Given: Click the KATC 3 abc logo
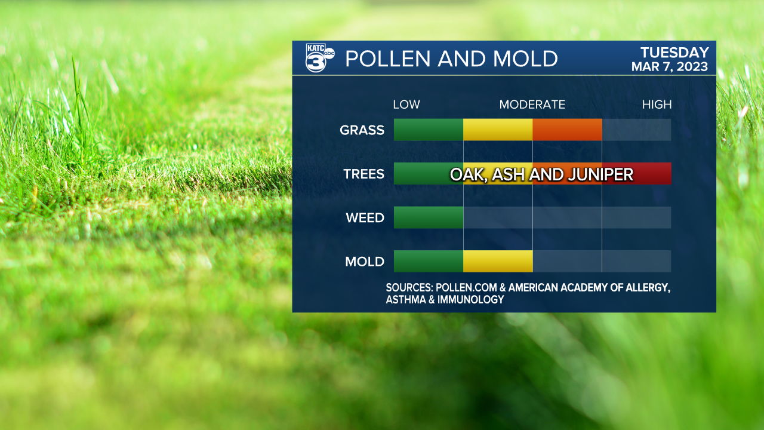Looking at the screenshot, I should coord(319,58).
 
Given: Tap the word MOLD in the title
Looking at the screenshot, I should coord(525,59).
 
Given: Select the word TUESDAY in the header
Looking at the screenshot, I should coord(674,53).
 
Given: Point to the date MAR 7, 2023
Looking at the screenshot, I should coord(670,67).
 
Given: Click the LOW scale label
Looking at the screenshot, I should coord(406,105).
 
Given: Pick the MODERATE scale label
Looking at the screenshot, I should coord(532,105).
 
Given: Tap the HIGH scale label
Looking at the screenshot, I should coord(657,105).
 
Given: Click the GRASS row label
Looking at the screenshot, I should coord(362,130).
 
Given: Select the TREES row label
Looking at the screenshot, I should coord(363,174).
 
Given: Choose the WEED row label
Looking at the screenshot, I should coord(365,217).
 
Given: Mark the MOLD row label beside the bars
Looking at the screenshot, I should coord(364,261).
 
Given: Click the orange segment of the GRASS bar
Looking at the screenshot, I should coord(567,130).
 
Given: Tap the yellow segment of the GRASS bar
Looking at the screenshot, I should coord(498,130).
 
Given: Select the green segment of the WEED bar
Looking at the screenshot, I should coord(429,217).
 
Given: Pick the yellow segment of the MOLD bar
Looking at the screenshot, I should coord(498,261).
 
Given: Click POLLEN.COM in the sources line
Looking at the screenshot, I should coord(466,288).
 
